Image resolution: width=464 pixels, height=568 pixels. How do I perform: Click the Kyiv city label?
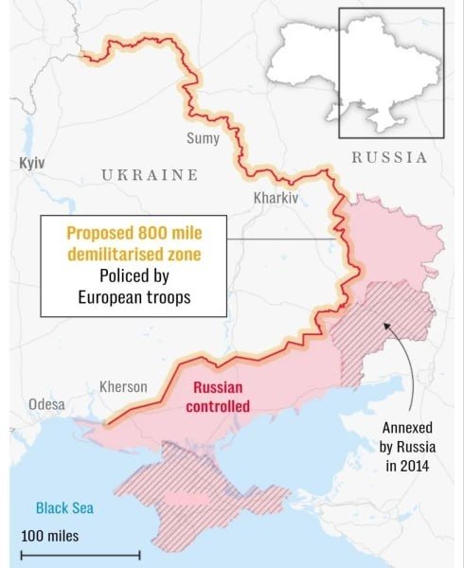(x=31, y=163)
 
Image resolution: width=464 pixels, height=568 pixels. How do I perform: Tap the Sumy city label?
(x=203, y=138)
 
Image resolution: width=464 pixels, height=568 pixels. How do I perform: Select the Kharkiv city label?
(x=276, y=199)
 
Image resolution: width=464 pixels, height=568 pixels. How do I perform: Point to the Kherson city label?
(x=123, y=386)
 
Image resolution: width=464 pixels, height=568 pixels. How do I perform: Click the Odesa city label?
(x=46, y=404)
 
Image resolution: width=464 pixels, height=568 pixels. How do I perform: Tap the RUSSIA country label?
(x=389, y=158)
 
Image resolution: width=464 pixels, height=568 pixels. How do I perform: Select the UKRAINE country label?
(x=150, y=175)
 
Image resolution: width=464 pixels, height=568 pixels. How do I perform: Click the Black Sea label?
(x=65, y=507)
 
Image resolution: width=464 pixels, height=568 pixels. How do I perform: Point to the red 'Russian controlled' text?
(x=221, y=397)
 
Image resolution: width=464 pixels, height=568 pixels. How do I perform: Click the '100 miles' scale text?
(x=50, y=536)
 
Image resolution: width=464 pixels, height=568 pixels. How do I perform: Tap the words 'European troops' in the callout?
(x=134, y=297)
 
